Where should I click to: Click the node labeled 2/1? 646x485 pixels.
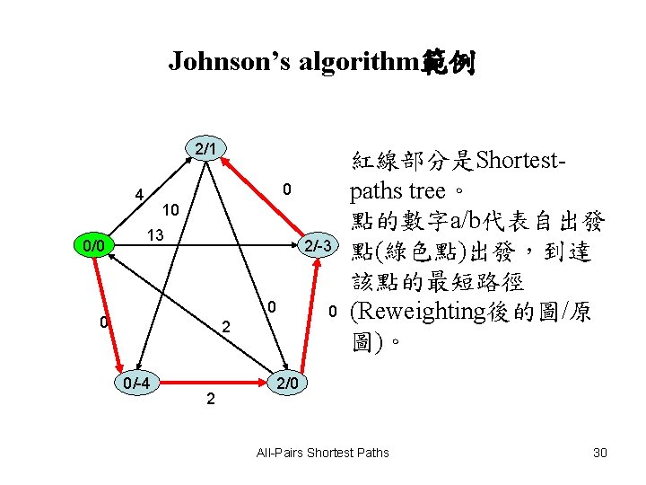point(205,146)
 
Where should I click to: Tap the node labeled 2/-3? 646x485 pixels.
point(320,245)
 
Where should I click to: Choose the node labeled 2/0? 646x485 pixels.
point(292,383)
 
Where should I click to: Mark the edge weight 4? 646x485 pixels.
point(139,195)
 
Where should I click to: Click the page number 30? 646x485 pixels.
point(600,452)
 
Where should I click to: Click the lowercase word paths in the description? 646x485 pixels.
point(377,191)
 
